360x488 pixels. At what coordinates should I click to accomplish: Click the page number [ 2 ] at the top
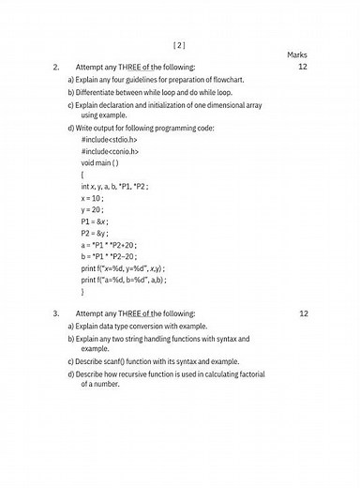coord(180,44)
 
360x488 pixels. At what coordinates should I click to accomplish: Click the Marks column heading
coord(296,55)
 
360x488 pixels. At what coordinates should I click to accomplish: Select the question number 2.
coord(56,68)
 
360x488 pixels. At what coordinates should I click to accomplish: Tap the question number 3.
coord(56,313)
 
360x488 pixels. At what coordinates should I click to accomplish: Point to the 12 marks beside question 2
coord(303,68)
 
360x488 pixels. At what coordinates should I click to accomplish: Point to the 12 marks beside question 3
coord(303,313)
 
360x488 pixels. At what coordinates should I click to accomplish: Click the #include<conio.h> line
coord(110,151)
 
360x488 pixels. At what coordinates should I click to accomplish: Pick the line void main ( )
coord(100,162)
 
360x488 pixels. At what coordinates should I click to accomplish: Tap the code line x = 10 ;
coord(92,198)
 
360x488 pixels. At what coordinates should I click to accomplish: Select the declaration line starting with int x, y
coord(115,186)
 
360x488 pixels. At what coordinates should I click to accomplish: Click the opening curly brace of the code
coord(82,175)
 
